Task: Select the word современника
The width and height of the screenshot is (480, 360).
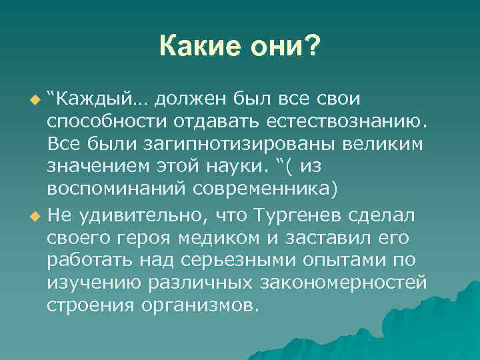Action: pyautogui.click(x=265, y=189)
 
